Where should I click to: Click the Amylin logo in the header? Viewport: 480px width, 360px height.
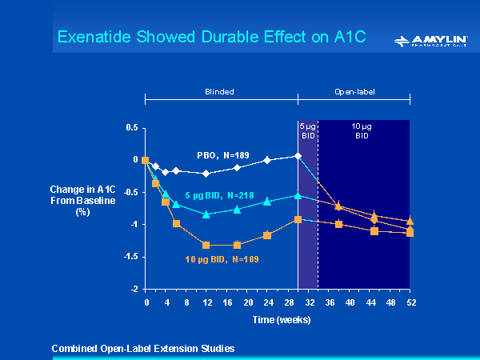tap(430, 41)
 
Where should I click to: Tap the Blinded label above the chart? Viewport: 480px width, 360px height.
tap(219, 92)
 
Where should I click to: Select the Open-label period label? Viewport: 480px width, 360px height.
tap(354, 92)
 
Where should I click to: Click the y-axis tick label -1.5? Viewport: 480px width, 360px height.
tap(130, 257)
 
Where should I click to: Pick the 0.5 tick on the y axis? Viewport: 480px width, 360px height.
tap(132, 127)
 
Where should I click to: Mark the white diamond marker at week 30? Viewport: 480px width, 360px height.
tap(298, 155)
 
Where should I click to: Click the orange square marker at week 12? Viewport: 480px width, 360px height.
tap(206, 245)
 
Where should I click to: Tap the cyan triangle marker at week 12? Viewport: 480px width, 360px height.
tap(206, 214)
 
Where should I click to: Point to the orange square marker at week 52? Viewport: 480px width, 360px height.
tap(410, 233)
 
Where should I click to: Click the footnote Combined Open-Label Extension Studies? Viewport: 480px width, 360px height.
tap(142, 348)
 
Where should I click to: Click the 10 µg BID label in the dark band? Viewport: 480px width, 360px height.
tap(362, 131)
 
